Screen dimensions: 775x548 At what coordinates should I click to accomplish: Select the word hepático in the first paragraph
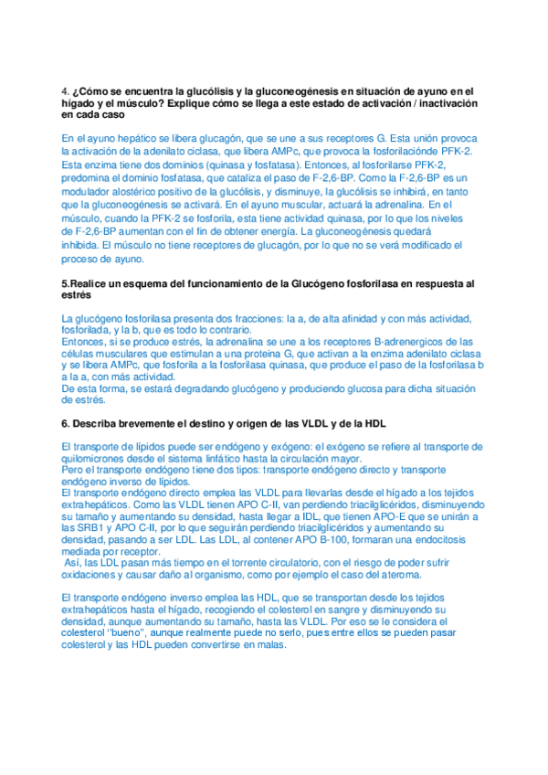(x=113, y=138)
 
